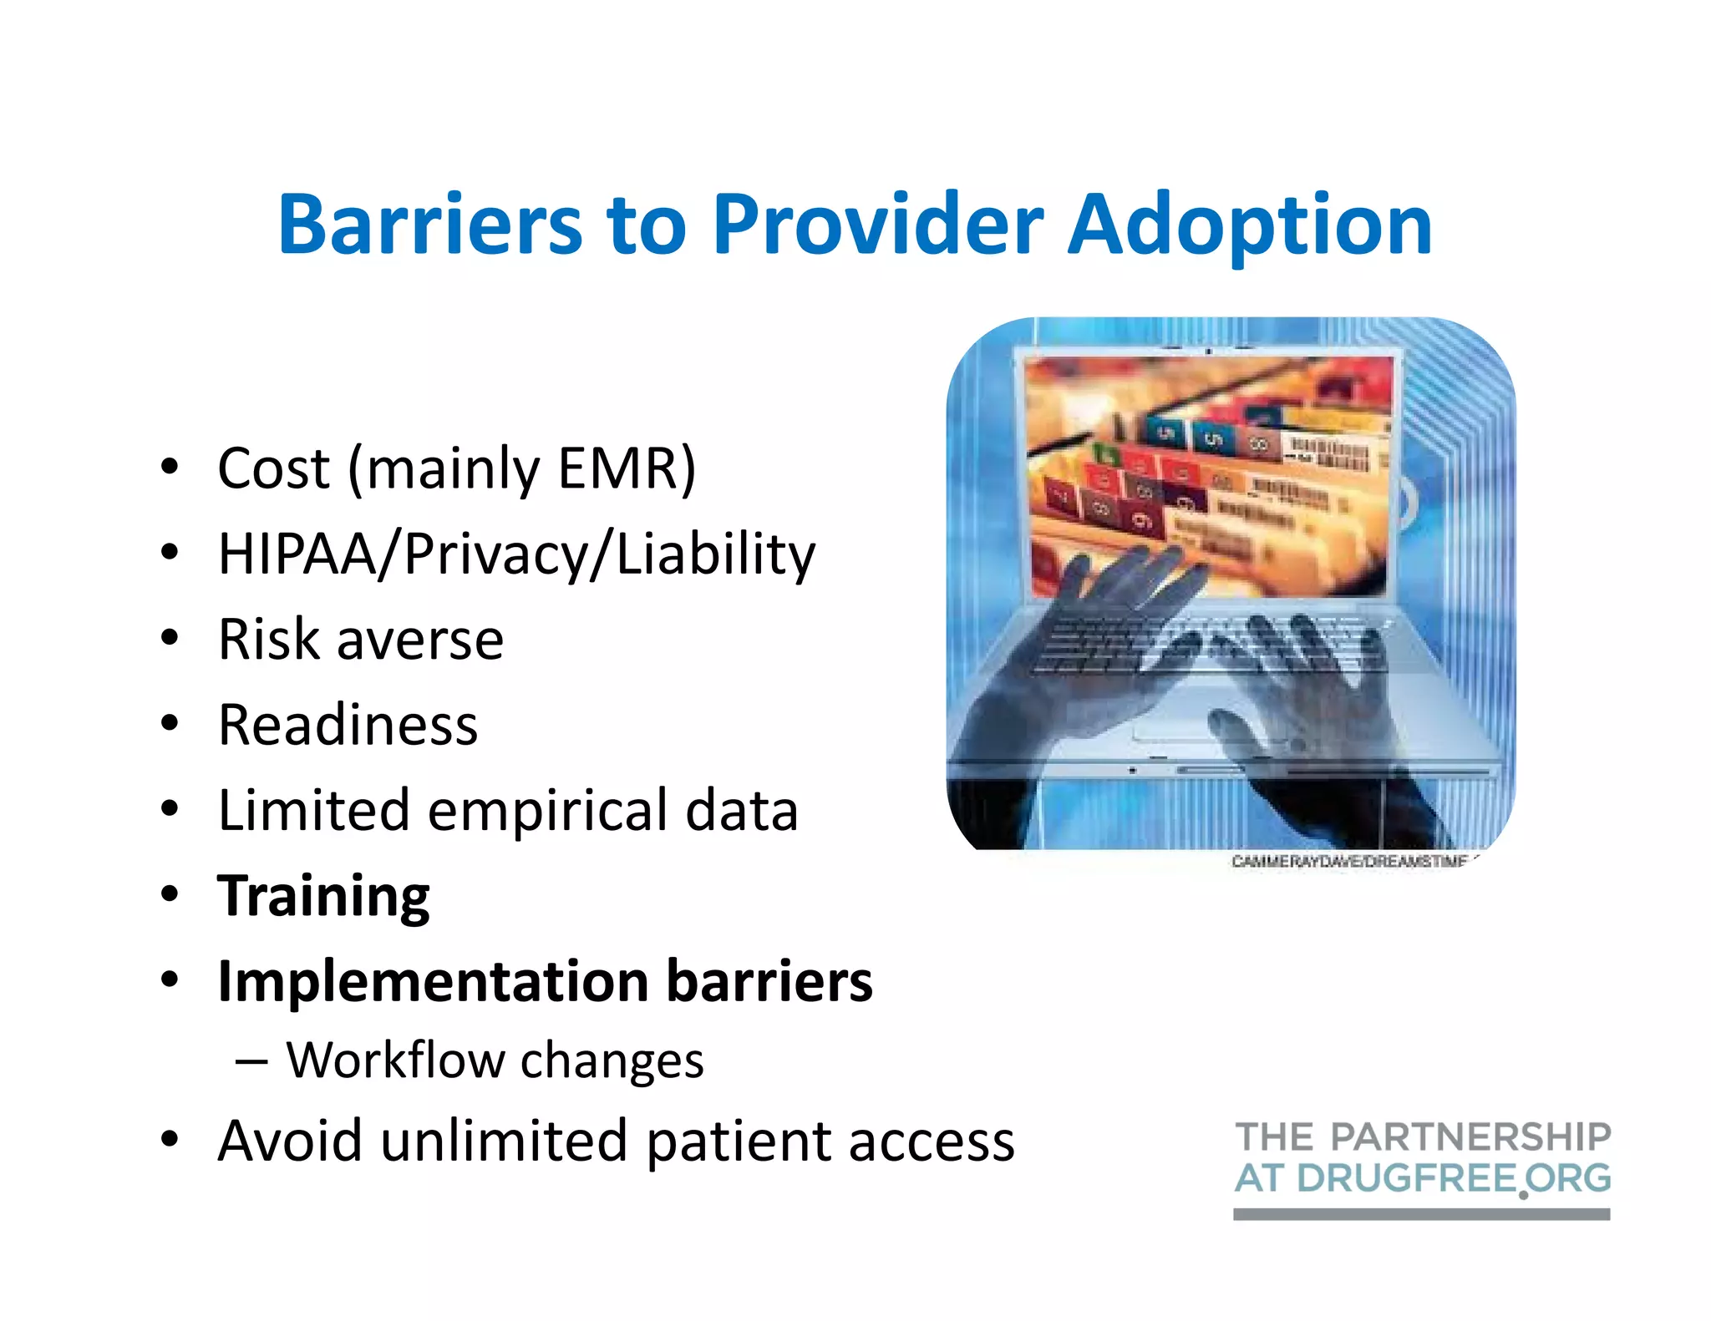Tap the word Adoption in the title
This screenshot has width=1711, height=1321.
(1250, 225)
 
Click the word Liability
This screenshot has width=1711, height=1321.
(715, 554)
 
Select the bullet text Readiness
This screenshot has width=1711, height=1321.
(348, 724)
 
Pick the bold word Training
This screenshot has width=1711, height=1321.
(323, 896)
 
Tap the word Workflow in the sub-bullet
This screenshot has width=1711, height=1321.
(394, 1060)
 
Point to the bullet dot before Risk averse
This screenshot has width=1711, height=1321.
(170, 639)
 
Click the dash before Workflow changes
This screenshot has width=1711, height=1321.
(251, 1061)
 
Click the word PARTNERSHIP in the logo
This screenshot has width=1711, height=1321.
(1470, 1137)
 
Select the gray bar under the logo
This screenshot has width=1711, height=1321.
(1421, 1214)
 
